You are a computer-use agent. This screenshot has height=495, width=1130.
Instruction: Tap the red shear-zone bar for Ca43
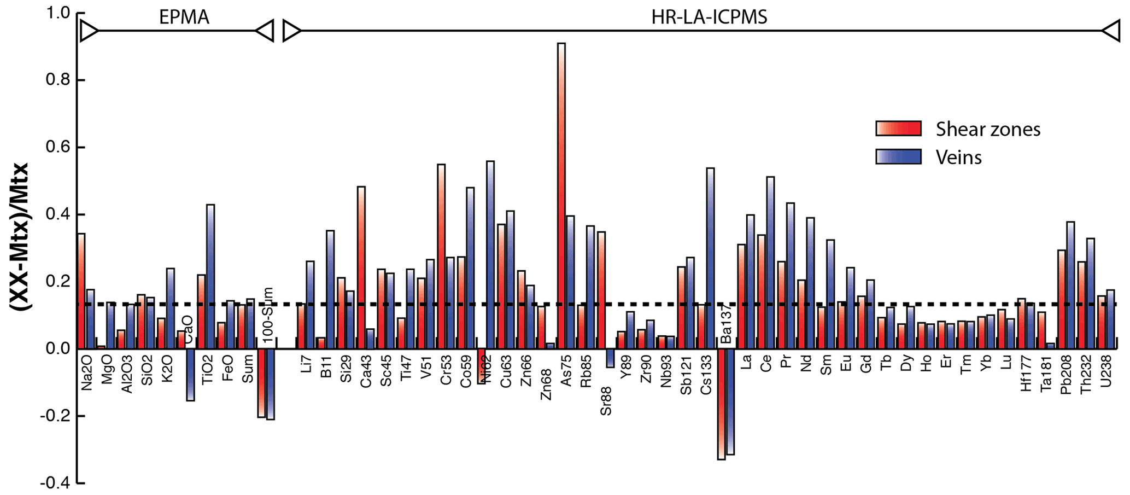pos(361,267)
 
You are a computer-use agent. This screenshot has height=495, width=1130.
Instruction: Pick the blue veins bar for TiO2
pos(210,276)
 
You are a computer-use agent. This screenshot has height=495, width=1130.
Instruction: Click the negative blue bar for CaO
pos(190,375)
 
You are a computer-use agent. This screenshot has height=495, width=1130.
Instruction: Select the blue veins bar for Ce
pos(770,263)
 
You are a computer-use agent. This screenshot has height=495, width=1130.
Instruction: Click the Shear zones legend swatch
pos(898,129)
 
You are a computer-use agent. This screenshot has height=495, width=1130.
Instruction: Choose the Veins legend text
pos(958,158)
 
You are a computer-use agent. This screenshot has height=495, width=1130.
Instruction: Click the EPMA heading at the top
pos(184,18)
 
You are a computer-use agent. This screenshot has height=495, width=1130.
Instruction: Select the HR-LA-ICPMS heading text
pos(709,18)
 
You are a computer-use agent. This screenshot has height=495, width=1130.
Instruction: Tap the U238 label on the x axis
pos(1106,372)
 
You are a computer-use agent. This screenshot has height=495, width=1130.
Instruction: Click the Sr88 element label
pos(606,400)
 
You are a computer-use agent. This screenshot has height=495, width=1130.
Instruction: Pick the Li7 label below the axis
pos(306,363)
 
